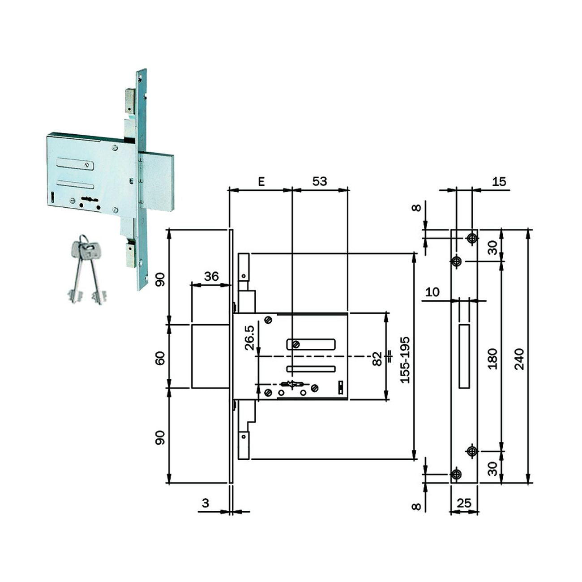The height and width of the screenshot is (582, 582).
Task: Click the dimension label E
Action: [261, 181]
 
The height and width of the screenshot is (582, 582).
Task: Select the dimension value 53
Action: [320, 181]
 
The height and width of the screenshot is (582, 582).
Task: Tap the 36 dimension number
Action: [211, 276]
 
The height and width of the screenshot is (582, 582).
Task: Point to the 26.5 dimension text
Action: [250, 338]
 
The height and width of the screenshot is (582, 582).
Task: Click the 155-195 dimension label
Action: [404, 360]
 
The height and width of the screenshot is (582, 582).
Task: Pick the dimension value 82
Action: [377, 359]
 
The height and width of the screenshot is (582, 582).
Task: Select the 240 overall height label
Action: [519, 359]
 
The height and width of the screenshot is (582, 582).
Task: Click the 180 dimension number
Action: [492, 359]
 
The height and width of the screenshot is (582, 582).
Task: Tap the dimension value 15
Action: [499, 181]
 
